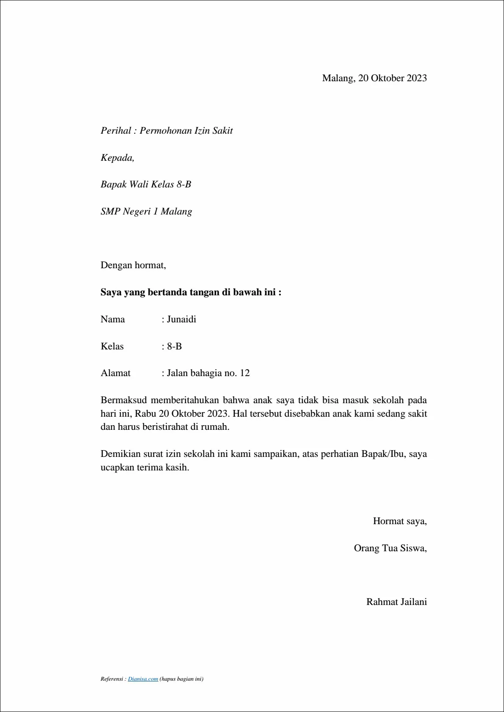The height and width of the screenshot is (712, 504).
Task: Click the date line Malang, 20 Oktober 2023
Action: click(x=374, y=78)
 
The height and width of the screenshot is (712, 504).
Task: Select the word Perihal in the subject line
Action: click(x=116, y=131)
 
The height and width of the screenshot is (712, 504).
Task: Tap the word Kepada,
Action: click(x=117, y=158)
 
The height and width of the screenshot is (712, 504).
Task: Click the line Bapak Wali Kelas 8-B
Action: click(x=146, y=184)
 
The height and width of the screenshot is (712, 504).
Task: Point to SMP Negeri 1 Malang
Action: click(x=146, y=212)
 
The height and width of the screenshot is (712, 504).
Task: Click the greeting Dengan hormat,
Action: click(x=133, y=265)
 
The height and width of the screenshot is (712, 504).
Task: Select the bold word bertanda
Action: click(x=167, y=292)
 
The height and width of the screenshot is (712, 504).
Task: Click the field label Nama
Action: click(x=113, y=319)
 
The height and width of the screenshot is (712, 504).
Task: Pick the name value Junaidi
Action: click(x=181, y=319)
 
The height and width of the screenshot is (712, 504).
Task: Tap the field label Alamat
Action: click(x=115, y=373)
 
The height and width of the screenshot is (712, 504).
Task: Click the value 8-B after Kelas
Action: click(x=174, y=346)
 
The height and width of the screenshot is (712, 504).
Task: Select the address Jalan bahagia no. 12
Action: click(x=208, y=373)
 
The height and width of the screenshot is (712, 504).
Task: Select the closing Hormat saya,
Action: click(x=399, y=521)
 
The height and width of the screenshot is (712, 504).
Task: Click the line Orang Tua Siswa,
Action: click(x=390, y=548)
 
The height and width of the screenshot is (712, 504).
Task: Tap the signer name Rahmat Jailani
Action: click(x=396, y=602)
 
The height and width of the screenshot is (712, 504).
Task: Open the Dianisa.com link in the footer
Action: click(x=143, y=679)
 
